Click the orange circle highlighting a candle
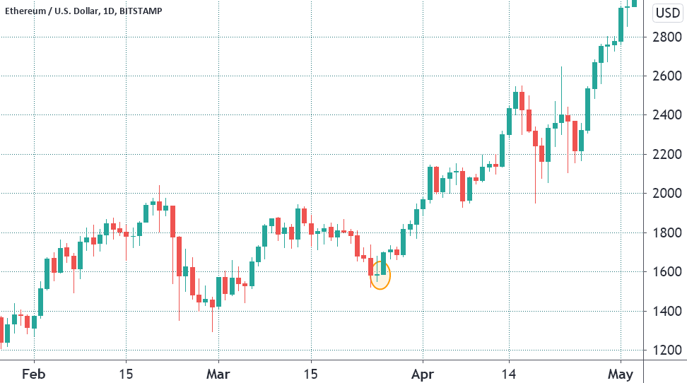(x=380, y=276)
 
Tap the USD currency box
(x=667, y=13)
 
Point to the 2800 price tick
(x=667, y=37)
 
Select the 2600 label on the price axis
(x=667, y=76)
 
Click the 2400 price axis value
(x=667, y=115)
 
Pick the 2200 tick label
(x=667, y=154)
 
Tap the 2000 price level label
(x=667, y=194)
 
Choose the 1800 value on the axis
(x=667, y=233)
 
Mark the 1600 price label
(x=667, y=272)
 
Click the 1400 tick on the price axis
(x=667, y=312)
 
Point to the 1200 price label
(x=667, y=350)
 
